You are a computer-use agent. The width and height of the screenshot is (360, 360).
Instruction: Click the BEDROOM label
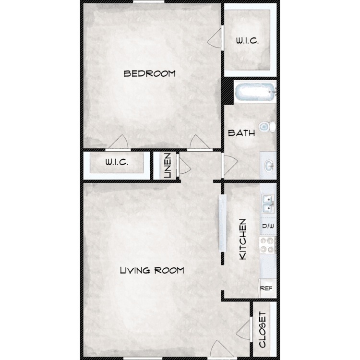click(x=149, y=74)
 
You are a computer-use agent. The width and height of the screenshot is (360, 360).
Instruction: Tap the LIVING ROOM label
click(x=152, y=270)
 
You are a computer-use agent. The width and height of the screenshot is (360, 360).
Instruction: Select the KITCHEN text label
click(x=243, y=239)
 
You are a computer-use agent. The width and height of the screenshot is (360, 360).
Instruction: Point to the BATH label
click(x=241, y=133)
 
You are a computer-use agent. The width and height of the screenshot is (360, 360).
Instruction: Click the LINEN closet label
click(x=168, y=166)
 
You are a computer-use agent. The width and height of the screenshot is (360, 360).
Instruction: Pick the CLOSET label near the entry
click(x=262, y=329)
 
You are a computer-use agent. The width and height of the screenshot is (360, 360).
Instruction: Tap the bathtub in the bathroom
click(x=255, y=92)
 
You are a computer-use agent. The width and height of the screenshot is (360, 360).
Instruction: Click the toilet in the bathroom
click(x=267, y=127)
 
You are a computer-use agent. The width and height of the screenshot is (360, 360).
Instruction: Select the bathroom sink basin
click(x=269, y=166)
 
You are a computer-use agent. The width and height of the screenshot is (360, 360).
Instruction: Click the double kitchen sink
click(x=268, y=204)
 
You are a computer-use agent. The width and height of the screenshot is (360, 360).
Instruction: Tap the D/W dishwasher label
click(x=268, y=226)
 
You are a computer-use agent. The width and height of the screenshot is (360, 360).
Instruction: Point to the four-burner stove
click(x=267, y=245)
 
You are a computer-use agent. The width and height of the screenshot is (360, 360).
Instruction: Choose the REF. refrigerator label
click(x=266, y=288)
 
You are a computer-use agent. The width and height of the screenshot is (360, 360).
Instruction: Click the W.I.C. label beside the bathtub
click(x=247, y=41)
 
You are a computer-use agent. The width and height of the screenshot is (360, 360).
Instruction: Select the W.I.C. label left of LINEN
click(x=117, y=162)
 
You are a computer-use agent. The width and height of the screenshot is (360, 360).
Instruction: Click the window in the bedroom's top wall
click(x=149, y=1)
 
